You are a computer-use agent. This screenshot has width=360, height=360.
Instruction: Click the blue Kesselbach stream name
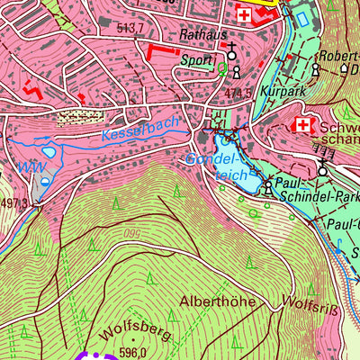click(140, 129)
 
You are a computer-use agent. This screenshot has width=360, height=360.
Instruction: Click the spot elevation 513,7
click(130, 29)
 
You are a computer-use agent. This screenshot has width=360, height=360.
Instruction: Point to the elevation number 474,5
click(238, 93)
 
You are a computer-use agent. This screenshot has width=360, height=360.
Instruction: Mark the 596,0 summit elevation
click(132, 353)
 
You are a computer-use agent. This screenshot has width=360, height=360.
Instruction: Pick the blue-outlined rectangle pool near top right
click(301, 16)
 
